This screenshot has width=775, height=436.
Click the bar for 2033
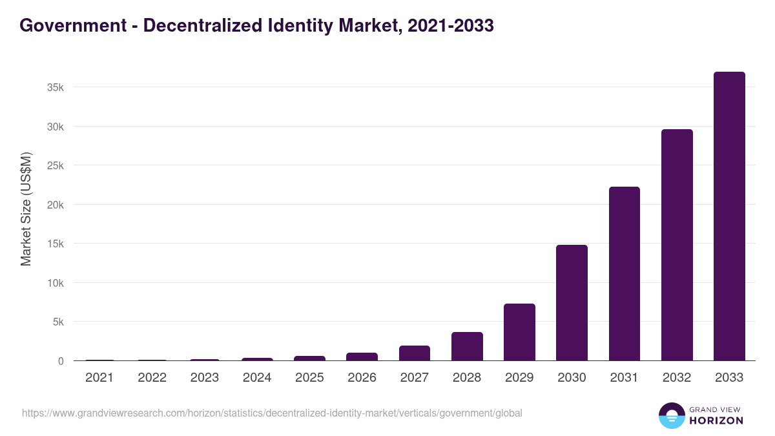point(729,216)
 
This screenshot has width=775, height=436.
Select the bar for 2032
point(677,245)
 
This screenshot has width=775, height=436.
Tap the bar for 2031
point(624,274)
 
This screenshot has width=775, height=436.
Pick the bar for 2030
point(572,303)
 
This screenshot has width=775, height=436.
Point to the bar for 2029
point(519,332)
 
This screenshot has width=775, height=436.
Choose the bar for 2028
point(467,346)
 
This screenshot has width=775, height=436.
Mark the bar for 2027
point(414,353)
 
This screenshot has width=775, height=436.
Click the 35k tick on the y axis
point(56,87)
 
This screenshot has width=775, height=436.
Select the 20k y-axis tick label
point(56,205)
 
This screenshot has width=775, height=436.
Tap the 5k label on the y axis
point(58,322)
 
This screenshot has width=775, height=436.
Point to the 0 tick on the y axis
point(61,361)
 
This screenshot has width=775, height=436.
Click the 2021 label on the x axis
point(99,378)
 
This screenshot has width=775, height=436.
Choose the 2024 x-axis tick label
point(256,378)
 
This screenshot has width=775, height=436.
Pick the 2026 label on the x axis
point(362,378)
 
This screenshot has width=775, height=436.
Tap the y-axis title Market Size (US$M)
point(26,209)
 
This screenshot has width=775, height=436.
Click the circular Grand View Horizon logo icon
point(671,415)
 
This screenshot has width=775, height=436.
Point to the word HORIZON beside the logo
point(716,420)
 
